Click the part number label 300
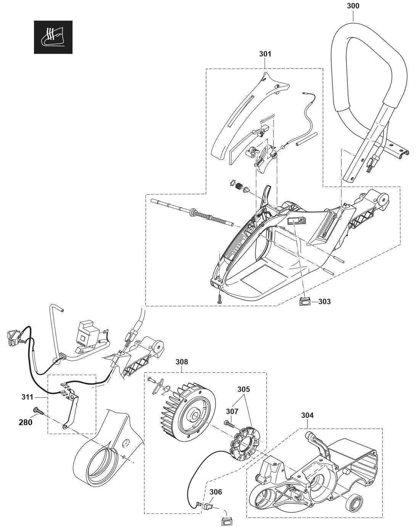(x=353, y=6)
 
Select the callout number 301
(x=265, y=54)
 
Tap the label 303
(x=324, y=301)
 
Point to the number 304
(x=307, y=415)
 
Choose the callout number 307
(x=232, y=411)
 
